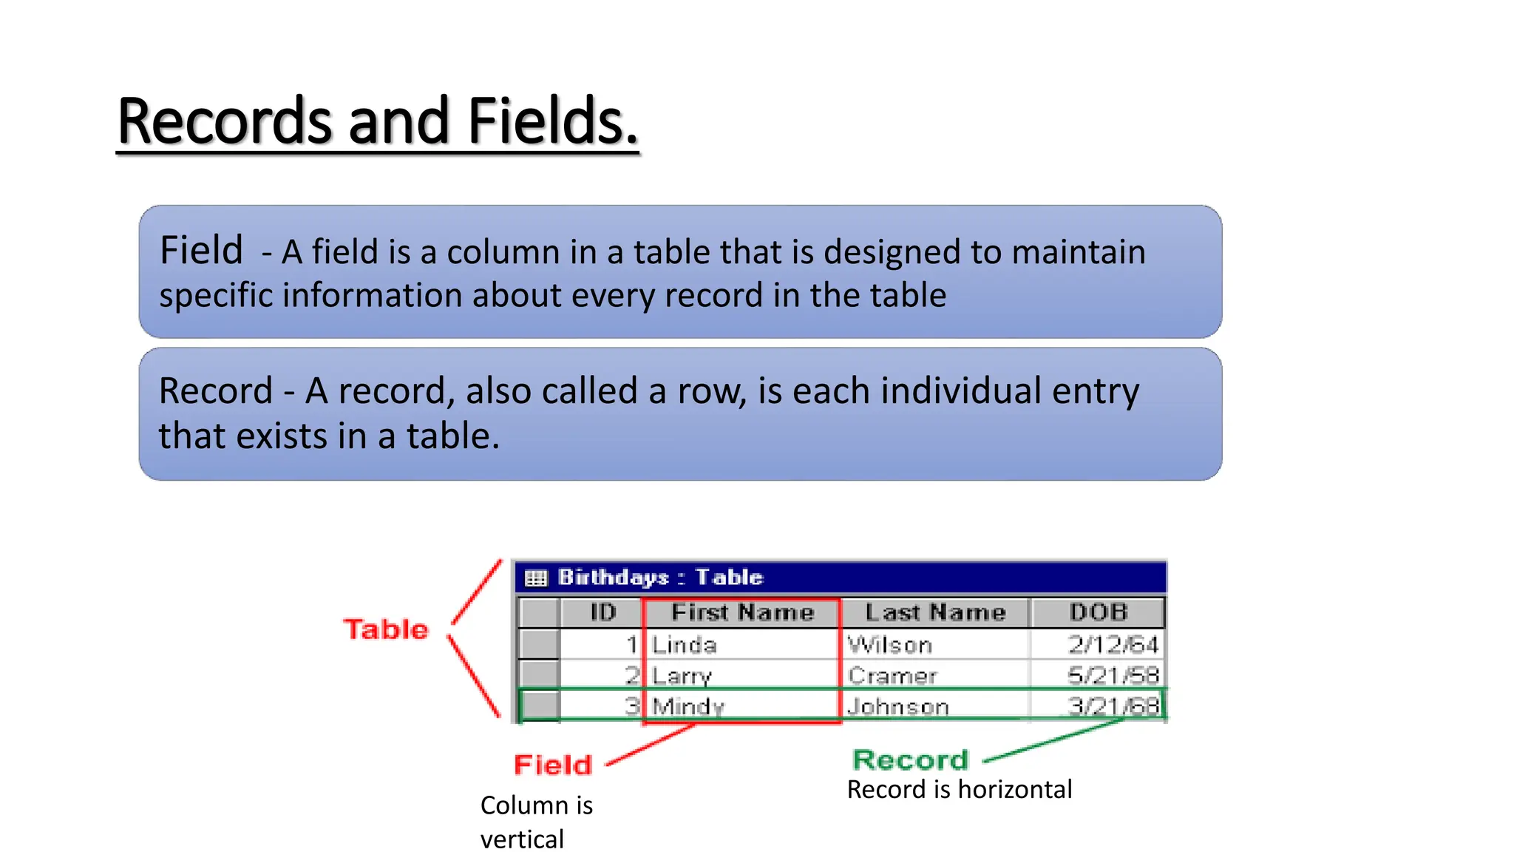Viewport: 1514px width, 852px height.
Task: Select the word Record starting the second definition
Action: (x=216, y=390)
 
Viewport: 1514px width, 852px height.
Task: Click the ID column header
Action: (x=602, y=612)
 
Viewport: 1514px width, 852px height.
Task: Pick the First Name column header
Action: (x=742, y=612)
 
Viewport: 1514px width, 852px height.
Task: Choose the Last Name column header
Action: (x=935, y=612)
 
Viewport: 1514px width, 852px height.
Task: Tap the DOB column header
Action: (x=1098, y=612)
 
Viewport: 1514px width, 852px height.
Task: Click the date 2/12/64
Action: (x=1113, y=645)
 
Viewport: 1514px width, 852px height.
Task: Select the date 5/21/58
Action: (x=1113, y=675)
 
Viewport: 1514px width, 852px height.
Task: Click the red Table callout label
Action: (x=386, y=629)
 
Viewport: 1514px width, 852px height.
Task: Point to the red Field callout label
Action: (x=553, y=765)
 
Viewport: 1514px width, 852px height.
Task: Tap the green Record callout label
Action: (x=910, y=760)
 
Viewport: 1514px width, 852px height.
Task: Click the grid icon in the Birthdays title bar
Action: (x=536, y=578)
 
